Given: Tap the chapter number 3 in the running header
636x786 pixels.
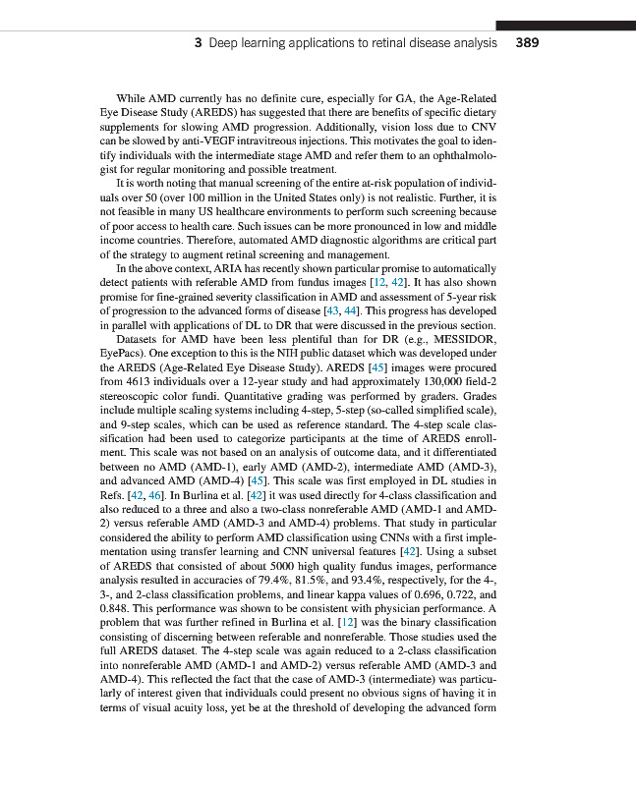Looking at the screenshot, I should pyautogui.click(x=199, y=43).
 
